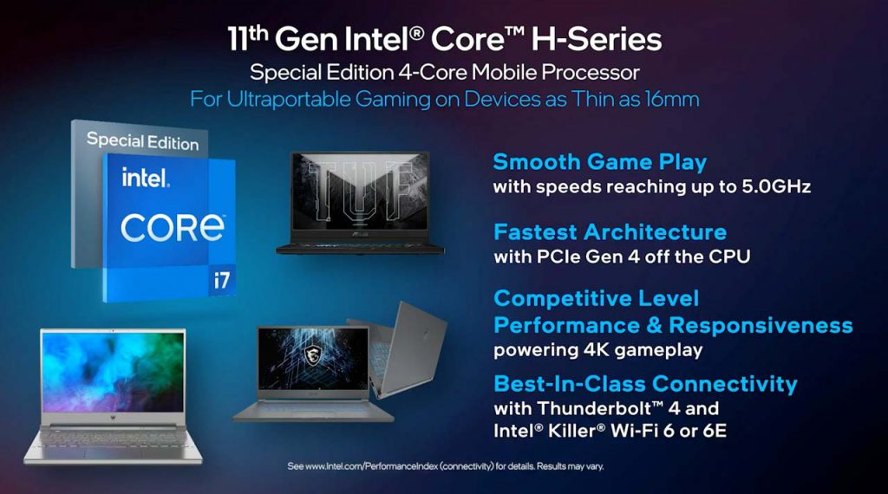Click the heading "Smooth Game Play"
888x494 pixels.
click(x=600, y=162)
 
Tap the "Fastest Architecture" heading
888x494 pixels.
click(x=610, y=232)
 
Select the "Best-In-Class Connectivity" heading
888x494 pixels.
click(x=645, y=384)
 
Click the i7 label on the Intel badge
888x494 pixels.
click(x=221, y=280)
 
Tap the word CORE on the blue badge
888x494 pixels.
click(x=173, y=228)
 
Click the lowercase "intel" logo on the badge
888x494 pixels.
click(x=145, y=178)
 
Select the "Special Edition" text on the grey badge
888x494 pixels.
click(x=143, y=141)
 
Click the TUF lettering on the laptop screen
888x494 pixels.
click(x=359, y=191)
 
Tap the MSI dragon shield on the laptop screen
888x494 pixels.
click(x=312, y=354)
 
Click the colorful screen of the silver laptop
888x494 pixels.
click(x=113, y=371)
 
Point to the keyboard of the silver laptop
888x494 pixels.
click(x=112, y=438)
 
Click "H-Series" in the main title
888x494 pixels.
click(x=597, y=40)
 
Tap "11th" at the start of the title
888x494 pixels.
click(x=247, y=38)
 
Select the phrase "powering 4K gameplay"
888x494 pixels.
click(x=598, y=350)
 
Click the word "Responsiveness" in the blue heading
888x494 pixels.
click(x=761, y=325)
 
